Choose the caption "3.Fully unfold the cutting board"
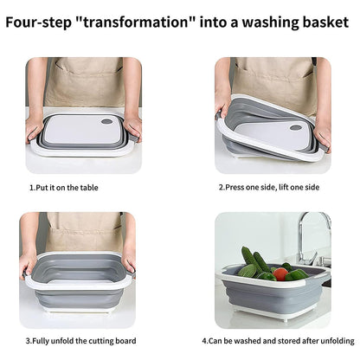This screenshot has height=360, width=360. [79, 340]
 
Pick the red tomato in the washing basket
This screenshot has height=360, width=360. [280, 273]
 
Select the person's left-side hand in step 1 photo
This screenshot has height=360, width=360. [35, 121]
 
